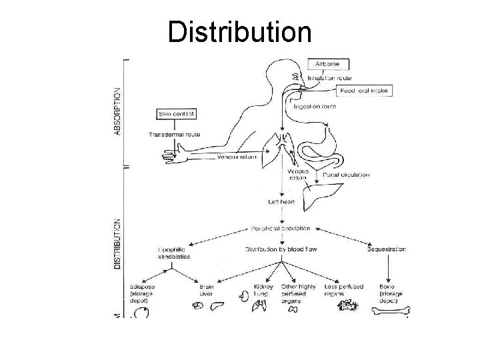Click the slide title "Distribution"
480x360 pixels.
pyautogui.click(x=239, y=31)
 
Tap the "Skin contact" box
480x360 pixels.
pyautogui.click(x=177, y=115)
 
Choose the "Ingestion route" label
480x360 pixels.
pyautogui.click(x=315, y=106)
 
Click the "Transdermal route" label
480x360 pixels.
pyautogui.click(x=174, y=135)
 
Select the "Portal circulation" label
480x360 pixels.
pyautogui.click(x=346, y=175)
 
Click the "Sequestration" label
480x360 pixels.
pyautogui.click(x=387, y=249)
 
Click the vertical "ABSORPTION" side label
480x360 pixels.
pyautogui.click(x=118, y=110)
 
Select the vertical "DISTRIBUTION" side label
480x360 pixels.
pyautogui.click(x=118, y=243)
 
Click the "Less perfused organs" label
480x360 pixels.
pyautogui.click(x=344, y=290)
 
